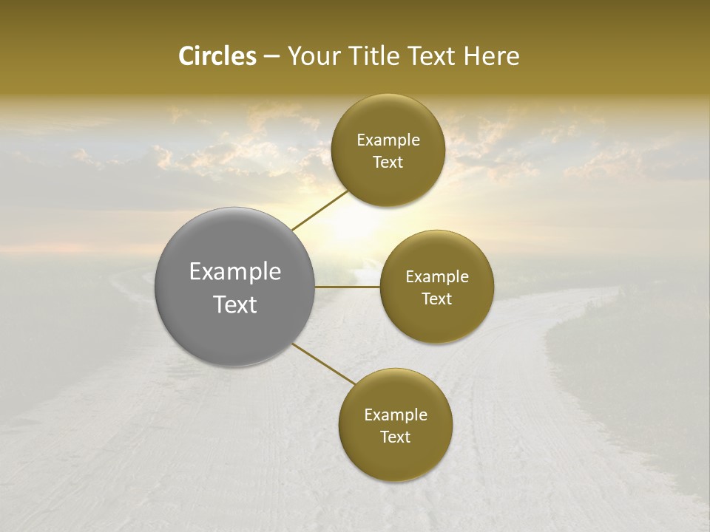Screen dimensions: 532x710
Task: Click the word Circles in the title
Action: click(x=217, y=56)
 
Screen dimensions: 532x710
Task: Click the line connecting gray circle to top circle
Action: click(x=319, y=210)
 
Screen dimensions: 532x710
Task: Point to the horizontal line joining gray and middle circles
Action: click(x=348, y=287)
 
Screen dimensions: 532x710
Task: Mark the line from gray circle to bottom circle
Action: click(x=324, y=364)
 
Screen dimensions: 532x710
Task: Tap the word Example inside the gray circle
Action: click(x=235, y=272)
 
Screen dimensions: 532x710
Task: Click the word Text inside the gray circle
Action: click(x=235, y=304)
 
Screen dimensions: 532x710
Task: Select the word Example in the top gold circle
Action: click(x=388, y=140)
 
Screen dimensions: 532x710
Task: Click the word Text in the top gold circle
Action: click(x=388, y=163)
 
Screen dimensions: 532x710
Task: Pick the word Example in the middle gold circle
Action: click(x=437, y=277)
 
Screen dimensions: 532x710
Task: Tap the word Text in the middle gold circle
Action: click(x=436, y=299)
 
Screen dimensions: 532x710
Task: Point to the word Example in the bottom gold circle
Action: click(x=396, y=415)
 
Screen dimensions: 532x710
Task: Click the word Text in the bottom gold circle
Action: click(x=395, y=437)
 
